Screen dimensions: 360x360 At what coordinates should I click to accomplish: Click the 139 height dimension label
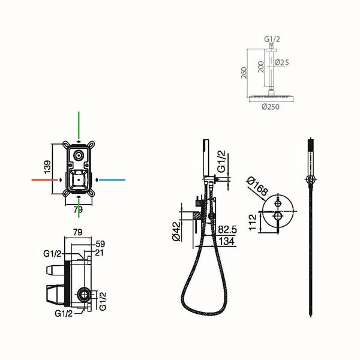pos(47,167)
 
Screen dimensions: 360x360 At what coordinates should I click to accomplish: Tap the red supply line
pos(44,180)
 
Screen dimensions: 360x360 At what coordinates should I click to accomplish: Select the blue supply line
pos(112,180)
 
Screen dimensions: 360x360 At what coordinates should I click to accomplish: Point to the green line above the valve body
pos(79,125)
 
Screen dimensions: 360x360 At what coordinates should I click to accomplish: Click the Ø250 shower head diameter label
pos(271,107)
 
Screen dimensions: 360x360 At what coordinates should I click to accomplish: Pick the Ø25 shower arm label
pos(282,62)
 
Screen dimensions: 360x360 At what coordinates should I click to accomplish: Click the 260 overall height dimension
pos(244,73)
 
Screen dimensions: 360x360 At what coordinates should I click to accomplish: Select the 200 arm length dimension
pos(261,67)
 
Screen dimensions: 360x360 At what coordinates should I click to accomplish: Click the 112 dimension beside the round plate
pos(253,222)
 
